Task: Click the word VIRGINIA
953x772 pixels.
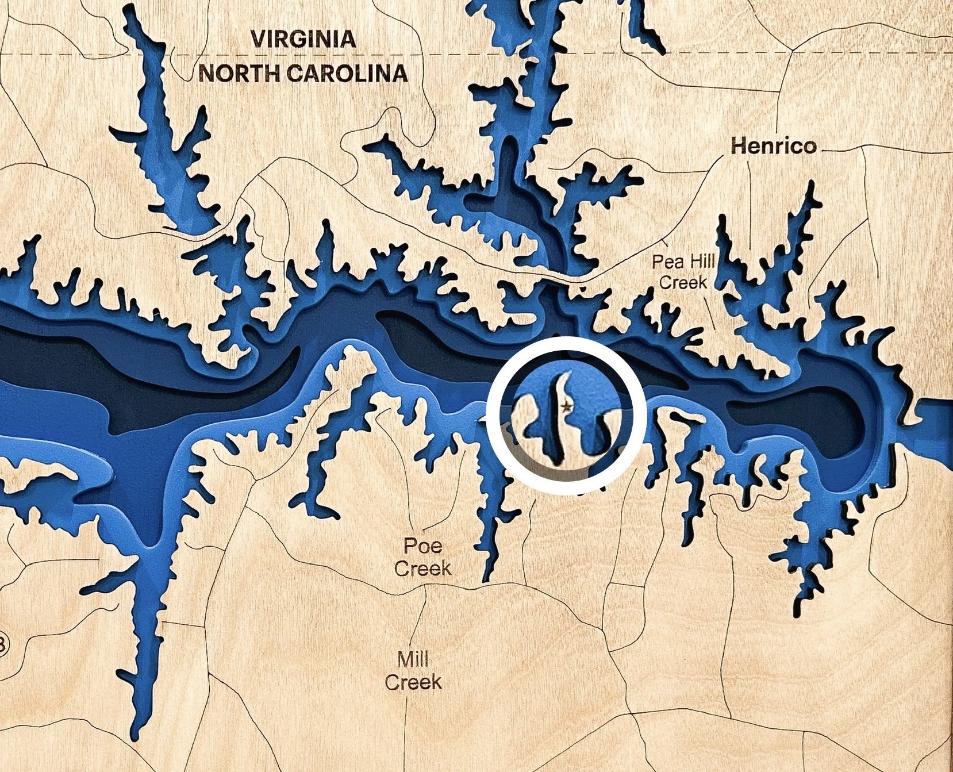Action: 303,40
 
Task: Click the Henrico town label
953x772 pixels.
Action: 773,146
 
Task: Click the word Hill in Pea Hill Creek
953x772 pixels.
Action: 701,263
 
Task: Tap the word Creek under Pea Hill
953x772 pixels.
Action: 683,282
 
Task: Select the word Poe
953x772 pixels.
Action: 422,544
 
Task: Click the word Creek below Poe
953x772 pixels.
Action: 422,569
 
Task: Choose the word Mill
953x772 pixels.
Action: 412,659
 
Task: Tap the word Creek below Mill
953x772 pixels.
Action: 413,682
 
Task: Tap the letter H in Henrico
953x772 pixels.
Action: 738,146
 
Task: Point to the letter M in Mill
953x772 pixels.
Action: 404,659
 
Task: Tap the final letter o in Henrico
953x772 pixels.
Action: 809,147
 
